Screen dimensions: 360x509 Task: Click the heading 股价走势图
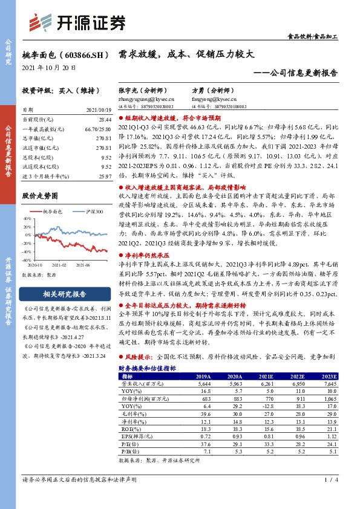tap(40, 196)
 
